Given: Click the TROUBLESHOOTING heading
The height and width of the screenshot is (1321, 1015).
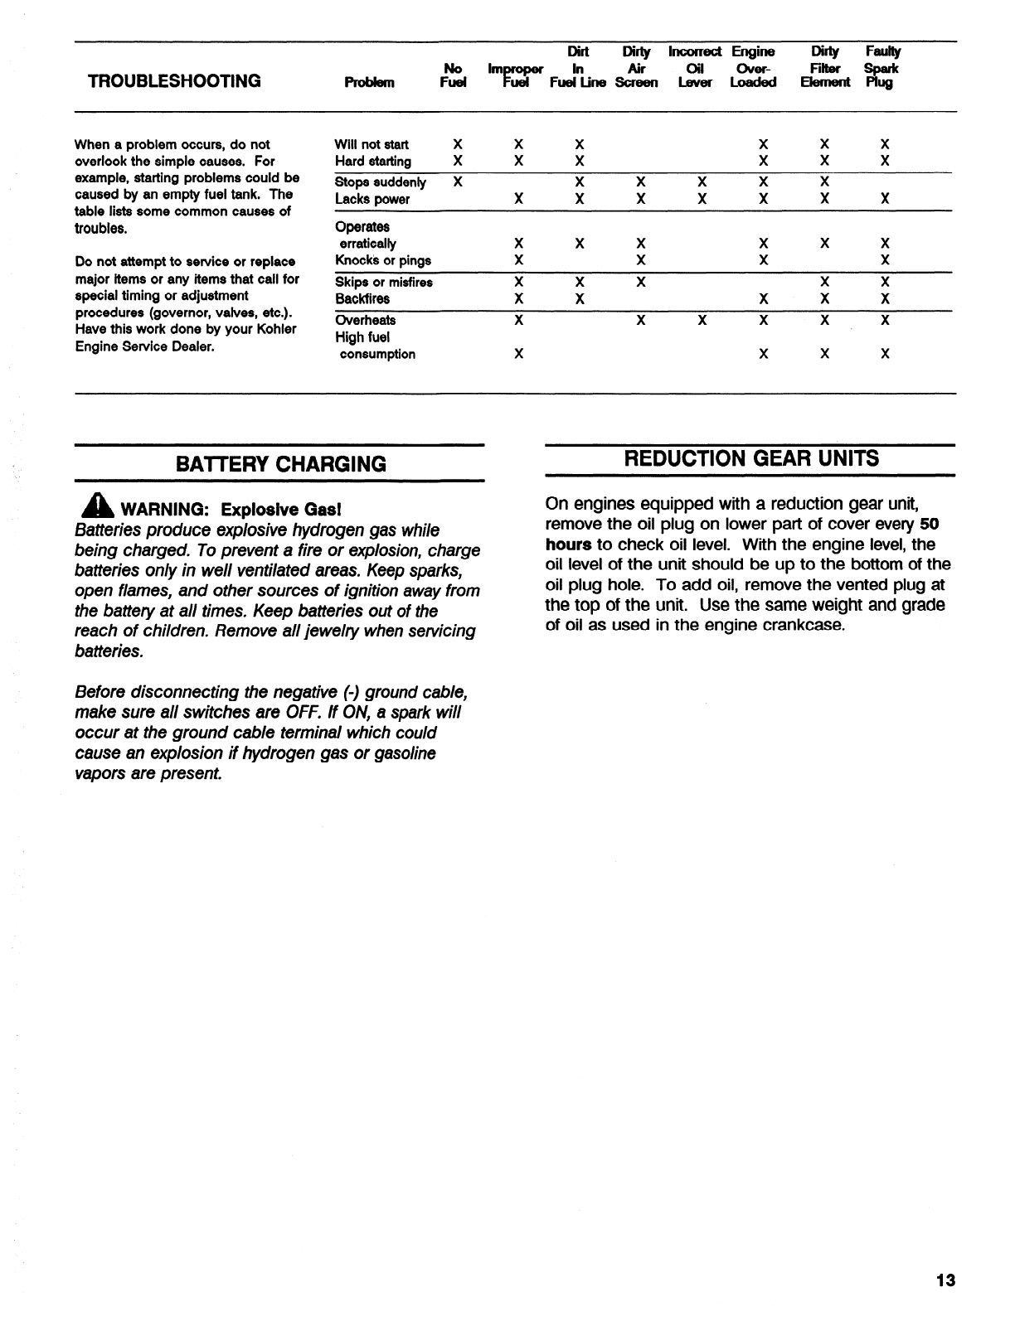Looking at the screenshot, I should click(174, 81).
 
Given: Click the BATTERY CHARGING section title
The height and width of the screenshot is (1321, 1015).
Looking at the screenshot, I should click(280, 464).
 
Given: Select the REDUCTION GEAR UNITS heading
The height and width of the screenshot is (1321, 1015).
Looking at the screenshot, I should click(751, 459).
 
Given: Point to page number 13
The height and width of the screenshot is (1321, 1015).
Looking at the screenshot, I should click(945, 1280).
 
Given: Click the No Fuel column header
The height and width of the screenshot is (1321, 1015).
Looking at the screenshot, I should click(454, 75).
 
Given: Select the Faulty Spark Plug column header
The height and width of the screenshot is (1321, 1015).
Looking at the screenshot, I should click(881, 67).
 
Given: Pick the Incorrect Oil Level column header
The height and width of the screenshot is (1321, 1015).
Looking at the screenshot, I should click(694, 67).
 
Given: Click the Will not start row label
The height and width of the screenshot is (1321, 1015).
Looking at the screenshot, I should click(372, 144).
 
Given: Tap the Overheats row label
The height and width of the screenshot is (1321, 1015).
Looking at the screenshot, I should click(365, 320).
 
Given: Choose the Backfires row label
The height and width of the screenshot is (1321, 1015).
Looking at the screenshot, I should click(362, 298).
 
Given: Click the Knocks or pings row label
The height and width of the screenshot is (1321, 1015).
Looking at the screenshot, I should click(382, 260).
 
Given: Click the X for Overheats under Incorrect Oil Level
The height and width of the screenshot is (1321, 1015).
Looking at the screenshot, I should click(702, 320).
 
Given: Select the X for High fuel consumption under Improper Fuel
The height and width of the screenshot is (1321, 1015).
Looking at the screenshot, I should click(518, 354).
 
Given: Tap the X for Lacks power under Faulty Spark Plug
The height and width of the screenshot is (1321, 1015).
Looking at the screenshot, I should click(885, 199).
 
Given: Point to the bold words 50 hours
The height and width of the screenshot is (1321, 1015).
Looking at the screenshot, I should click(928, 525).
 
